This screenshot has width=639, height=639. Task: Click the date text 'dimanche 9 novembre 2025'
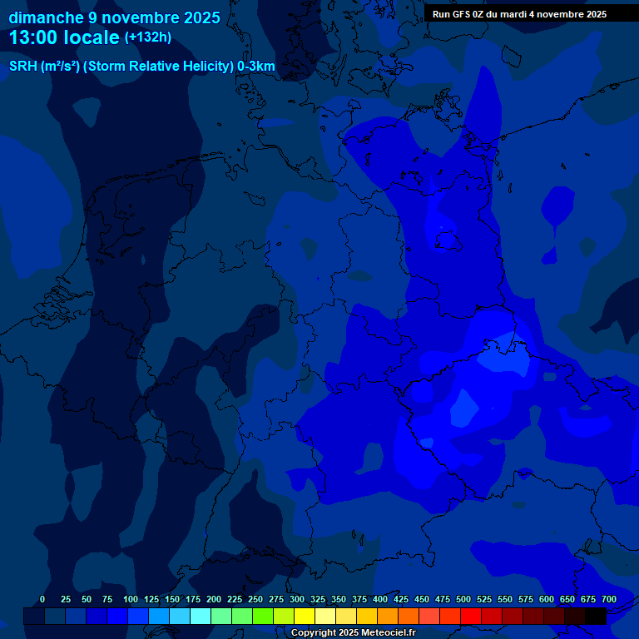tap(114, 17)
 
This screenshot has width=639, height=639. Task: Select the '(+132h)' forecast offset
tap(148, 37)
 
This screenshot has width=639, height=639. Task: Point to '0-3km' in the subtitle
tap(256, 67)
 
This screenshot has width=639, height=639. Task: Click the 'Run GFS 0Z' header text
tap(458, 14)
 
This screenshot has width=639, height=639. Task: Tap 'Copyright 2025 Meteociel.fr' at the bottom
tap(353, 632)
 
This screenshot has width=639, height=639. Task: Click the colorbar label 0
tap(42, 599)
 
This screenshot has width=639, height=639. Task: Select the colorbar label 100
tap(131, 599)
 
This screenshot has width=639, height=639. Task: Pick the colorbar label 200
tap(214, 599)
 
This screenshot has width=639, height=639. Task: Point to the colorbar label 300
tap(297, 599)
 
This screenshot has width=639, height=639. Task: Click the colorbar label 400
tap(380, 599)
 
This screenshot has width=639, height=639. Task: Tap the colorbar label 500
tap(463, 599)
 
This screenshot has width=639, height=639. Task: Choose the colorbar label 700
tap(608, 599)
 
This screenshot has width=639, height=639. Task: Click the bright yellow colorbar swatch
tap(305, 616)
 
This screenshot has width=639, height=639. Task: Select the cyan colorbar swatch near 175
tap(201, 616)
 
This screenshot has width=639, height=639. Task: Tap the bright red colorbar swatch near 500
tap(471, 616)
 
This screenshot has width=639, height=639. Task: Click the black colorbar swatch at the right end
tap(596, 616)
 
